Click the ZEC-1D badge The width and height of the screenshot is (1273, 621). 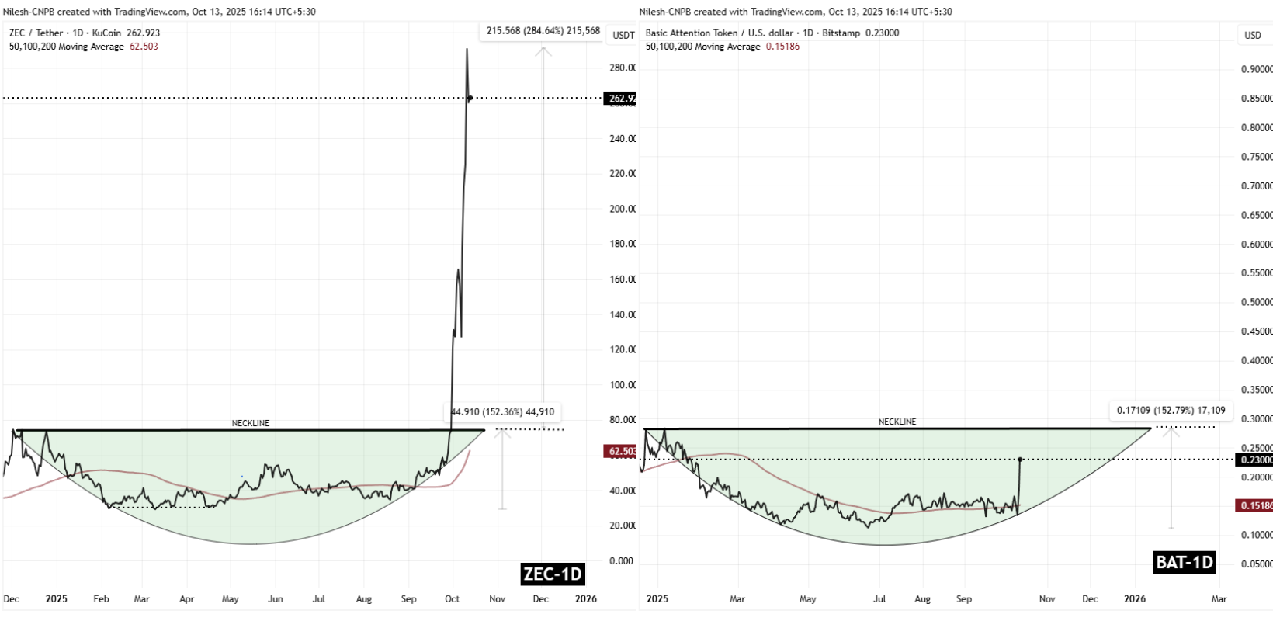click(x=552, y=574)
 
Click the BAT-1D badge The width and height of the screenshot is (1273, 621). click(x=1185, y=562)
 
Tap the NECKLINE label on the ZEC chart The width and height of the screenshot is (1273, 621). click(x=251, y=423)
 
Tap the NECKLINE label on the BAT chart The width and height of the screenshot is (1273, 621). click(x=897, y=422)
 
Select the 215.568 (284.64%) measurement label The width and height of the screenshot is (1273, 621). click(x=543, y=31)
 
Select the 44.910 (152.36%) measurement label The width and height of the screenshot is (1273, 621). click(x=502, y=412)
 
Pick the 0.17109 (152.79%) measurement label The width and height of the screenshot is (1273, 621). click(x=1171, y=410)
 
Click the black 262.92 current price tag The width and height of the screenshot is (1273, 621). click(x=620, y=99)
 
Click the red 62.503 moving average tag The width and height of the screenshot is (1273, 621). click(x=620, y=451)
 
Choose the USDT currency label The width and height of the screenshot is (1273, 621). click(x=623, y=35)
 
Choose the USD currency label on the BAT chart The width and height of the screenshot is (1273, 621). click(x=1253, y=35)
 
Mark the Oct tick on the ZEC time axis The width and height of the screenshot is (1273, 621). click(x=453, y=599)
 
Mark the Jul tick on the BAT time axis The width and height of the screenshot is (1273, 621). click(x=880, y=599)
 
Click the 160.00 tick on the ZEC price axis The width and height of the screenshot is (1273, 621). click(x=623, y=279)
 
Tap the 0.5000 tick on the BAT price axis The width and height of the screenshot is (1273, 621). click(x=1256, y=302)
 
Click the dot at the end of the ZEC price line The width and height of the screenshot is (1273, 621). click(x=470, y=98)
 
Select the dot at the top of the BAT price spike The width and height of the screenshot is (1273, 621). click(x=1019, y=460)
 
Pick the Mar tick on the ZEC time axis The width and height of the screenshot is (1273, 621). click(x=142, y=599)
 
